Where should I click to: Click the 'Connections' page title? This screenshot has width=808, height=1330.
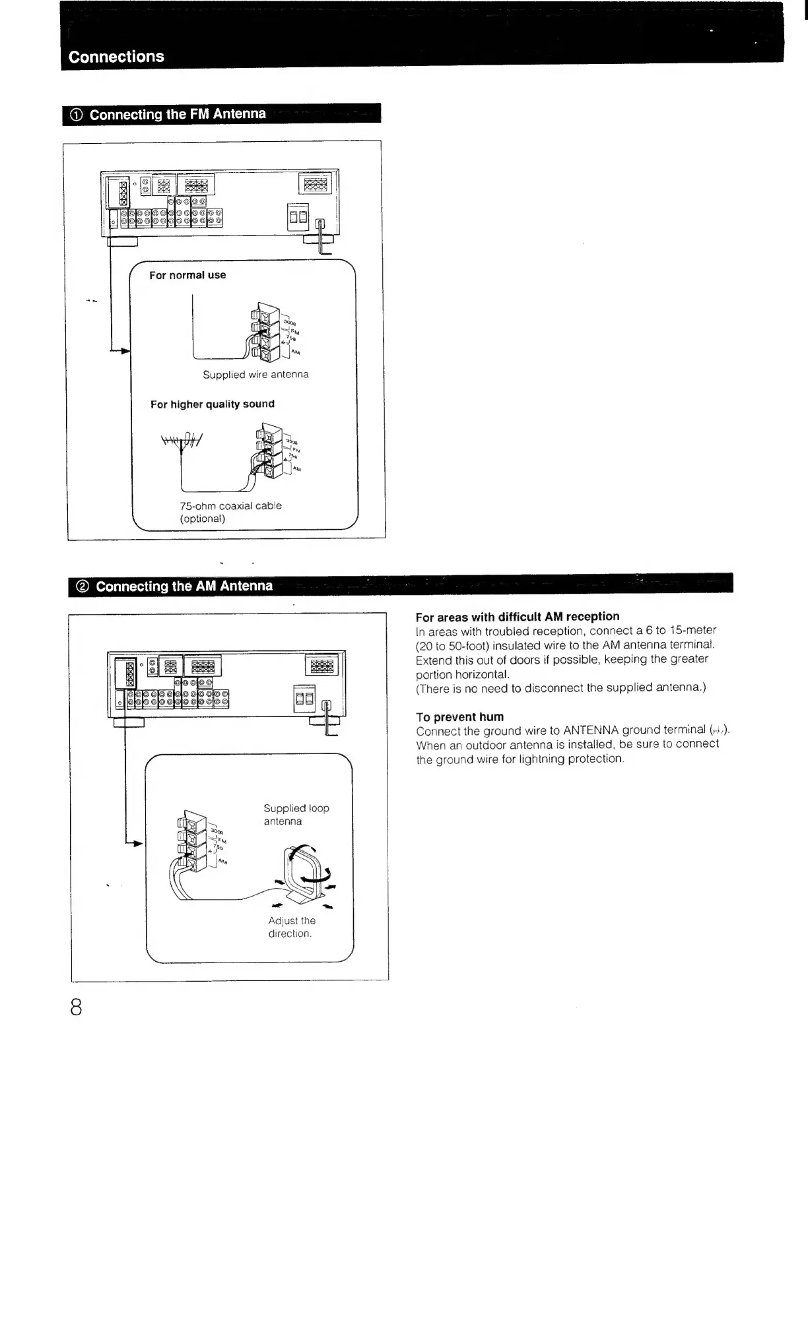[116, 57]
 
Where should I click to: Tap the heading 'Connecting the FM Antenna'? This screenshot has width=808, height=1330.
[178, 114]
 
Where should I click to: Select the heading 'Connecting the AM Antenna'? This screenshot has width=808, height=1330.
[184, 586]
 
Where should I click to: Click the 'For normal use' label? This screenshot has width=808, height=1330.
[187, 275]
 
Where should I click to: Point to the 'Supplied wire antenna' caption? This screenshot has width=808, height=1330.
[255, 375]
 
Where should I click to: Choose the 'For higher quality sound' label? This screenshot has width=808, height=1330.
[212, 404]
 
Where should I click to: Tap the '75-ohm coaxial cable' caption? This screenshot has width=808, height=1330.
[230, 506]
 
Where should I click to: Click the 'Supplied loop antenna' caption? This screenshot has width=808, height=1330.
[296, 815]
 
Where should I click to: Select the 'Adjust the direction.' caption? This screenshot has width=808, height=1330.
[291, 927]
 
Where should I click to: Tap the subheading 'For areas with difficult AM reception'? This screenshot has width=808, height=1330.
[518, 617]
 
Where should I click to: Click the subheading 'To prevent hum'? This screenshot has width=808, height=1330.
[459, 717]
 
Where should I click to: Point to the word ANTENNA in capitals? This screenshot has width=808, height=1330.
[591, 730]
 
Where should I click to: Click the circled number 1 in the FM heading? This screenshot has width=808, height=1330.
[76, 115]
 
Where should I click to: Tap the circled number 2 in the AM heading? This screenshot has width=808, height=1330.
[83, 586]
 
